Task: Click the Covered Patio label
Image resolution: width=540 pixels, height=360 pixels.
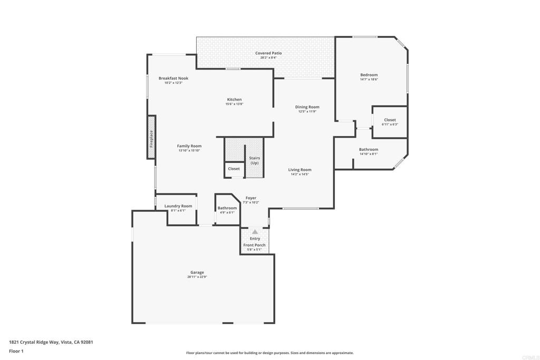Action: coord(268,53)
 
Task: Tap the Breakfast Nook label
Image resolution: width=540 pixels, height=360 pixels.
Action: coord(173,78)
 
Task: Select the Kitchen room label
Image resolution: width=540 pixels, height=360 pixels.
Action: coord(234,100)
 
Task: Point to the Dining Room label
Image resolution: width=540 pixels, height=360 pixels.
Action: coord(307,107)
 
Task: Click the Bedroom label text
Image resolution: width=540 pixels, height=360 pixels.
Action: coord(369,75)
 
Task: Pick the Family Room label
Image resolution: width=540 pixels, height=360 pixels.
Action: coord(189,146)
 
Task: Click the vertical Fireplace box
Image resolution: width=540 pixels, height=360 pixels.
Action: coord(151,138)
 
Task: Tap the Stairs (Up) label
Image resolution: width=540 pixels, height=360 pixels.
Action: coord(254,160)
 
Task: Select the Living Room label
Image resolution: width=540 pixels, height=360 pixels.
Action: coord(300,170)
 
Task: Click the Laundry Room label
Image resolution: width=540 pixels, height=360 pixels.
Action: coord(178,206)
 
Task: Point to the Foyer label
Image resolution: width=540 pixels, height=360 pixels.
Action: coord(250,198)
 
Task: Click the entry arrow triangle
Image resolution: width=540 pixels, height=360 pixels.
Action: coord(255,231)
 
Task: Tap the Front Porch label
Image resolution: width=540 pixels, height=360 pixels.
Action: coord(254,245)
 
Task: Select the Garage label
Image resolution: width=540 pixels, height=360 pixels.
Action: coord(197,273)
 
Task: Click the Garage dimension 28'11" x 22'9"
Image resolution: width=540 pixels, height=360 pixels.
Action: coord(197,277)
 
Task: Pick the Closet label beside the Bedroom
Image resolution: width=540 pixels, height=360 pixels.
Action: coord(390,120)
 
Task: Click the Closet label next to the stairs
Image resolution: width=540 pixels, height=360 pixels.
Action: coord(234,169)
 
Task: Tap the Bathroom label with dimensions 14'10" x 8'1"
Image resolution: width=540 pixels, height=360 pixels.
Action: coord(369,150)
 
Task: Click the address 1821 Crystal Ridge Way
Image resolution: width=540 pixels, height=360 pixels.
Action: coord(51,342)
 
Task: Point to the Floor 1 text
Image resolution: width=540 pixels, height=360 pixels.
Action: coord(16,351)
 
